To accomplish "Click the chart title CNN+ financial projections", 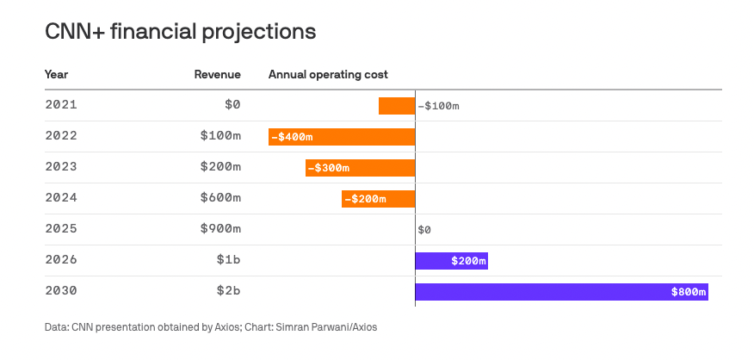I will [180, 32].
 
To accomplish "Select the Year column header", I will [57, 74].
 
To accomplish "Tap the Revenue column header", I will [217, 74].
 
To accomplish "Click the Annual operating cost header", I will [328, 74].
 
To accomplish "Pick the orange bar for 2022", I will [342, 137].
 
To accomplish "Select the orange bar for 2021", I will [397, 106].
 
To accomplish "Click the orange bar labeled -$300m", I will [360, 168].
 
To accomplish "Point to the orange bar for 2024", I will [378, 199].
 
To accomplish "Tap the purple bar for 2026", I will [451, 261].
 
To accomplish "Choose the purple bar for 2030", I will [561, 292].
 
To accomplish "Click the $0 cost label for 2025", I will [424, 230].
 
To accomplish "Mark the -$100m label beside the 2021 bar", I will [439, 106].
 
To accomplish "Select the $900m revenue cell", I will [220, 229].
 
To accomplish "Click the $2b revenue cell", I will [228, 291].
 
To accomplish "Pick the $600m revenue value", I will [220, 198].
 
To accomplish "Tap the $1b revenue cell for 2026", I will [228, 260].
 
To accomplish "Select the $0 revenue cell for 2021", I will [232, 105].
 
